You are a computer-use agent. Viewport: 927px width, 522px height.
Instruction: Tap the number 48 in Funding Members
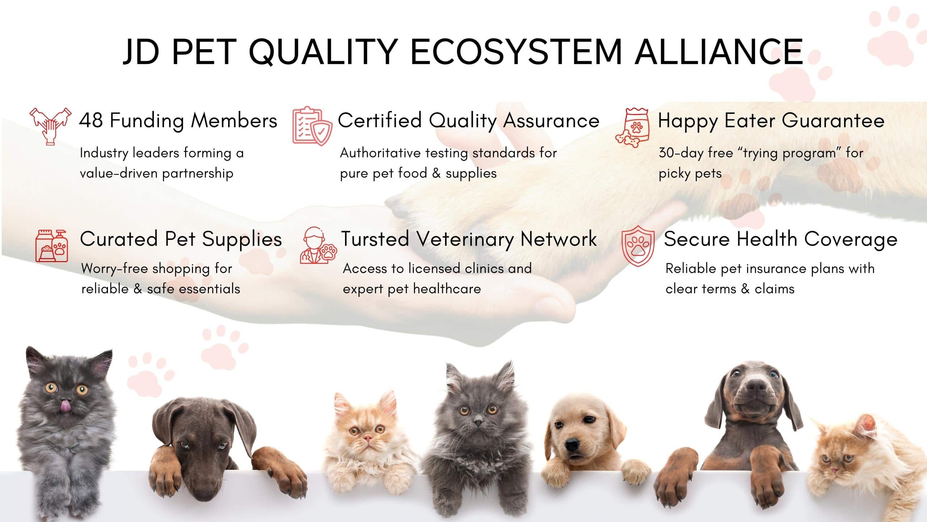91,120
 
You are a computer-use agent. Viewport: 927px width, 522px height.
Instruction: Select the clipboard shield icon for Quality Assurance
312,126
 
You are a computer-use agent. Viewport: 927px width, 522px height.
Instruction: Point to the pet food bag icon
633,127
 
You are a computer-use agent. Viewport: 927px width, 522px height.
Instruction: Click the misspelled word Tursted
375,239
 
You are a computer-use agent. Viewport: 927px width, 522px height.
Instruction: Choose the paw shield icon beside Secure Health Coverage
638,246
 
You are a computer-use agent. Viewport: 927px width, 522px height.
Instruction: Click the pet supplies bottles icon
52,245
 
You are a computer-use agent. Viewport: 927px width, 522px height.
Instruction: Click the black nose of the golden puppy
572,444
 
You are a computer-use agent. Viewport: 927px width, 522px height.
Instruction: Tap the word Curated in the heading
119,239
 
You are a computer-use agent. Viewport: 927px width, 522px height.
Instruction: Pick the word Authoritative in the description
380,153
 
